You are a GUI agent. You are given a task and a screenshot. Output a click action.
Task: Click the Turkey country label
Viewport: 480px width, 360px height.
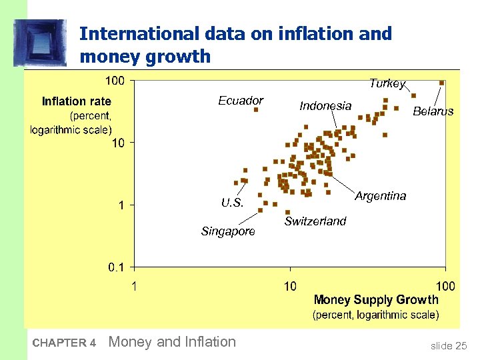click(387, 83)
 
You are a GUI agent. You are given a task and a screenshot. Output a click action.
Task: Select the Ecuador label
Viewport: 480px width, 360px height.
click(241, 101)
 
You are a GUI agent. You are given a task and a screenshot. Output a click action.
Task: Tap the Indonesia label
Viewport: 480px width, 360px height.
click(325, 105)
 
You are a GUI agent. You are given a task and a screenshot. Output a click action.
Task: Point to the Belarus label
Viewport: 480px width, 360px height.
click(433, 111)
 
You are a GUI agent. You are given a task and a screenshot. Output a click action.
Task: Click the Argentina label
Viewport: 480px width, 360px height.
click(380, 196)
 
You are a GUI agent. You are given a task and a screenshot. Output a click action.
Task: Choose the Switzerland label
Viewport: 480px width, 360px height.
click(315, 221)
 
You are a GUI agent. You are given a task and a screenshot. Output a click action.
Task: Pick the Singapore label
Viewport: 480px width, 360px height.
click(228, 231)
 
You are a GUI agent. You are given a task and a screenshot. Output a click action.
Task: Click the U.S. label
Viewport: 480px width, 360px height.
click(232, 203)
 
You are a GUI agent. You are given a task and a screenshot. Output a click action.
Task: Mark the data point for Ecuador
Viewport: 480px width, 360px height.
click(256, 110)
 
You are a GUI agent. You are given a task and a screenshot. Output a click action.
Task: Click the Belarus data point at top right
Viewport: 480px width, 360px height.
click(441, 83)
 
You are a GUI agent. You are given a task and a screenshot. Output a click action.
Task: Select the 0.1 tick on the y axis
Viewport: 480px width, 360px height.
click(115, 267)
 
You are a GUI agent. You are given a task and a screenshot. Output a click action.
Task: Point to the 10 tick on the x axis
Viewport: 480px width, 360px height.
click(290, 286)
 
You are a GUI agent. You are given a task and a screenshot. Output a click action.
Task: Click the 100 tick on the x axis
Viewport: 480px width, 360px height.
click(445, 286)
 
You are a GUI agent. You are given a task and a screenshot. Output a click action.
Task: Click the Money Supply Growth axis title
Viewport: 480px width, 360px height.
click(376, 300)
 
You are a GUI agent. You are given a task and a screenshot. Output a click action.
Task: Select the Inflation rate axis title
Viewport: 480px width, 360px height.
click(76, 101)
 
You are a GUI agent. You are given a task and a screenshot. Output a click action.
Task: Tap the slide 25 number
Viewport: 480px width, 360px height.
click(449, 345)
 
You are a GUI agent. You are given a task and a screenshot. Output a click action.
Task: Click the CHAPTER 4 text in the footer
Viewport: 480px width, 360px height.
click(64, 343)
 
